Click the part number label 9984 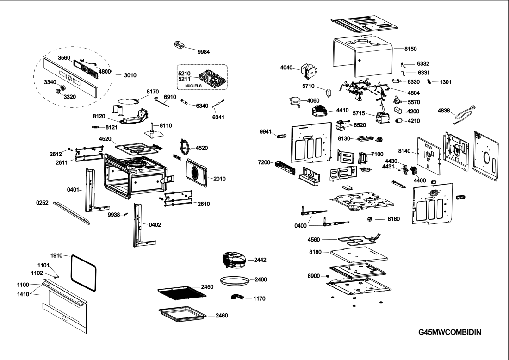(204, 52)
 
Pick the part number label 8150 (410, 49)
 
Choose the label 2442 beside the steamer (260, 261)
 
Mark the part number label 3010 (130, 74)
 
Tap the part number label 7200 (264, 163)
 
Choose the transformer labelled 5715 (382, 118)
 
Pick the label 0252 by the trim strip (43, 203)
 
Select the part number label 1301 (446, 82)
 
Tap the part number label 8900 (314, 276)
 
